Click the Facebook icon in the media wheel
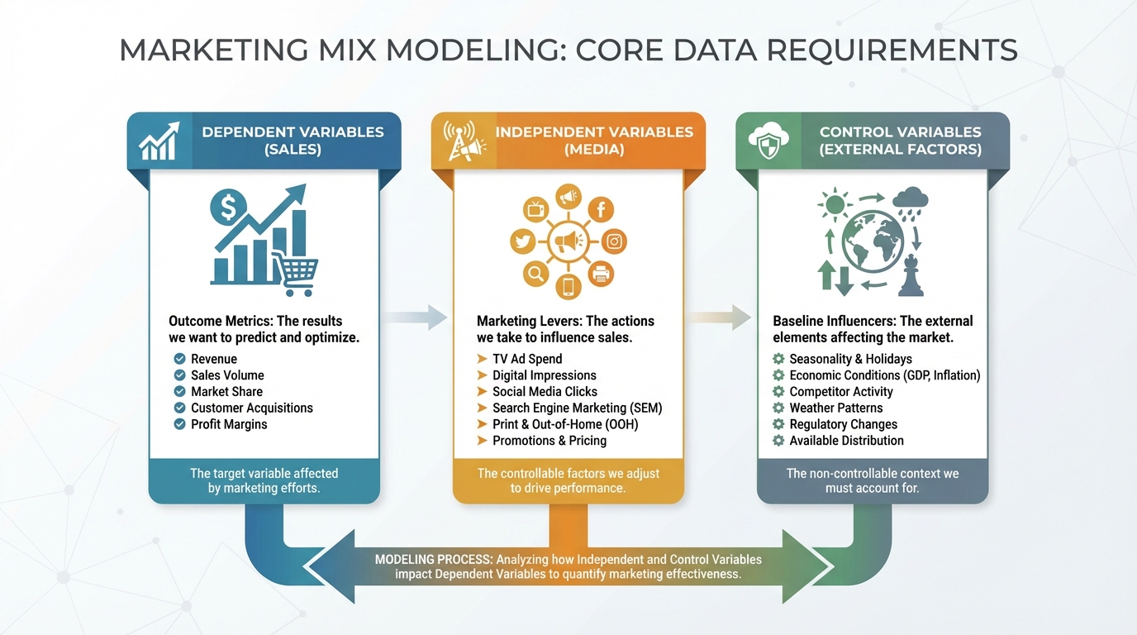601,210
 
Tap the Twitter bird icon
522,241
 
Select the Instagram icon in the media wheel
613,241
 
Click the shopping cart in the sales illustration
296,274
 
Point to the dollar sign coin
226,207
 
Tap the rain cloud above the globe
911,203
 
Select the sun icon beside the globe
834,204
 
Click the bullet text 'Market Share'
226,392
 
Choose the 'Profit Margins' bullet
229,424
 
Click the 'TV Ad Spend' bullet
527,359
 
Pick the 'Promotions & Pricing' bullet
549,441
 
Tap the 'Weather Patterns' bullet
835,408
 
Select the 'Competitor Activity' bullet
841,392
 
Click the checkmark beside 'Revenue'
179,359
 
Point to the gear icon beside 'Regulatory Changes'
778,424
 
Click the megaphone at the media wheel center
568,242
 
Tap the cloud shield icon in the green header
767,141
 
